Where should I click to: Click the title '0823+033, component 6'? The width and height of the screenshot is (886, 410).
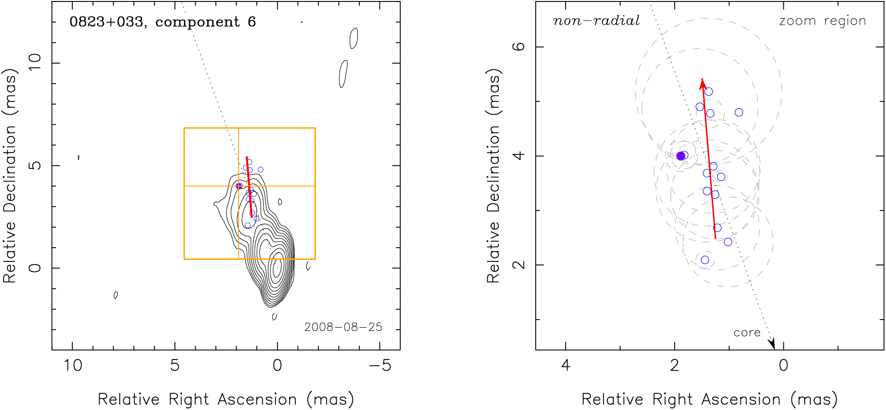163,22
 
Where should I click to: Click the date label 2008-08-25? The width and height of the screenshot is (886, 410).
343,327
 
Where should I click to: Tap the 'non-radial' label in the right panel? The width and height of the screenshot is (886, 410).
596,21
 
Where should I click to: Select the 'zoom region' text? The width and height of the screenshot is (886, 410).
822,21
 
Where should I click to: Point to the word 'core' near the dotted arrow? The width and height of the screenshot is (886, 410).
747,333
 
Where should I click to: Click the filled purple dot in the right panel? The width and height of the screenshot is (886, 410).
681,156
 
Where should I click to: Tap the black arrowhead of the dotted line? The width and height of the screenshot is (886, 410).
772,344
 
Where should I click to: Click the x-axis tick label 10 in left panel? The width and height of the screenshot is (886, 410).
73,366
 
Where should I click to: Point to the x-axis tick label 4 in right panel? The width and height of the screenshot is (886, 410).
566,366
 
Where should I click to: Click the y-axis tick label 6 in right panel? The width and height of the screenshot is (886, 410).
519,47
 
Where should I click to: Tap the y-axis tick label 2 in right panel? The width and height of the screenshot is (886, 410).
519,265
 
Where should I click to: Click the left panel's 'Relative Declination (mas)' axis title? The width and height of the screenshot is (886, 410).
10,176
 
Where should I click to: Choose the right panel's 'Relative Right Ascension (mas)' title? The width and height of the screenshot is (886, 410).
710,399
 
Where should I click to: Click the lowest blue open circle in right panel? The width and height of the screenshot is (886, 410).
705,260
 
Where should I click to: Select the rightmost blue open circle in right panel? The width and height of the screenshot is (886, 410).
739,112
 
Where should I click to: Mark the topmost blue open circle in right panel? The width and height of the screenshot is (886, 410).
709,92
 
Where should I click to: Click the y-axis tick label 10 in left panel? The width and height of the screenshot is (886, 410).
34,63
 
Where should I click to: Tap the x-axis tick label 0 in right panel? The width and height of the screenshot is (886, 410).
783,366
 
